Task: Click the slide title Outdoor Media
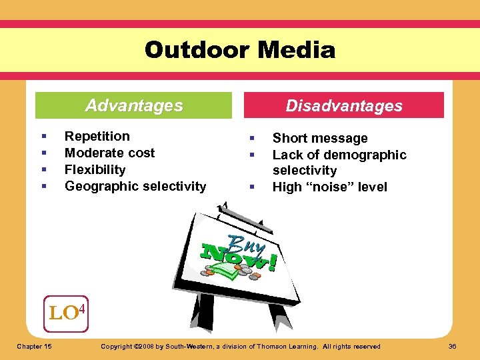[240, 50]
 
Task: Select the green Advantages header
[133, 105]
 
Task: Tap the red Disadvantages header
[344, 105]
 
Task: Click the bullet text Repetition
[97, 136]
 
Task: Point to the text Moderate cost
[109, 153]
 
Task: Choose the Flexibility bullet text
[95, 169]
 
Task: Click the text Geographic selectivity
[135, 186]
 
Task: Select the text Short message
[320, 138]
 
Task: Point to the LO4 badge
[67, 312]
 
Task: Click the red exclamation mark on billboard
[272, 261]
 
